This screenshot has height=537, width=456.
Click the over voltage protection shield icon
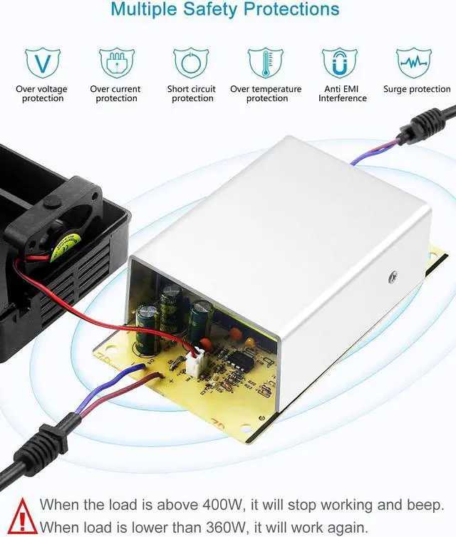pyautogui.click(x=43, y=63)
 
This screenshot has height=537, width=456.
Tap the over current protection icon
pyautogui.click(x=117, y=63)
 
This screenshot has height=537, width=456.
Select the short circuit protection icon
pyautogui.click(x=191, y=63)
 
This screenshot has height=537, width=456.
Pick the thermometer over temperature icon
pyautogui.click(x=265, y=63)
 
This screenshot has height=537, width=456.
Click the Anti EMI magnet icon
pyautogui.click(x=339, y=63)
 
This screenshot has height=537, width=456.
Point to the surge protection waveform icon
pyautogui.click(x=413, y=63)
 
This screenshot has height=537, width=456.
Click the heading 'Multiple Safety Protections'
pyautogui.click(x=225, y=10)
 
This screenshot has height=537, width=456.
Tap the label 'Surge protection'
pyautogui.click(x=417, y=90)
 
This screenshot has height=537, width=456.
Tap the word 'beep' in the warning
pyautogui.click(x=426, y=505)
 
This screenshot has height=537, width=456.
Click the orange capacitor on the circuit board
pyautogui.click(x=249, y=344)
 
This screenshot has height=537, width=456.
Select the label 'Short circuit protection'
pyautogui.click(x=192, y=94)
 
